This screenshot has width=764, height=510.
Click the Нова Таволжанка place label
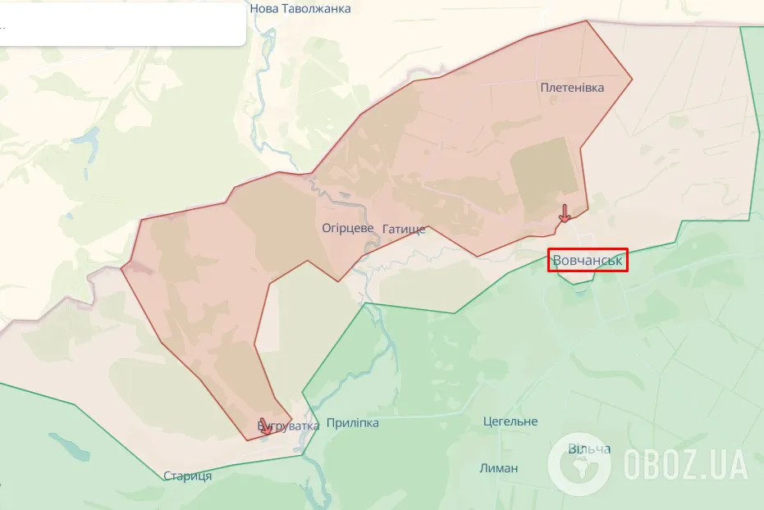[x=300, y=9]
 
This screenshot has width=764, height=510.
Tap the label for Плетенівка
[x=572, y=88]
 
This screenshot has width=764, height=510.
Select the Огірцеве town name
[x=348, y=228]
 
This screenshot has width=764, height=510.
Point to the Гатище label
[x=405, y=229]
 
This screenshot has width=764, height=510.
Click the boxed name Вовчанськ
[x=588, y=261]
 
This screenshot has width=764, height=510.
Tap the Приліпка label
[x=353, y=423]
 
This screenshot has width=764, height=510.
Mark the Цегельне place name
[x=510, y=421]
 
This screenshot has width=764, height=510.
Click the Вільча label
[x=590, y=449]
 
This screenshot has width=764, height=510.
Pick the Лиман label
[x=499, y=468]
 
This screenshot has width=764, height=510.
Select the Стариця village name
[x=187, y=476]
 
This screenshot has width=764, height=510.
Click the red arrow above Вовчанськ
[x=565, y=213]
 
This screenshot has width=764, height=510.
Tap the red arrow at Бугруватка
[x=264, y=426]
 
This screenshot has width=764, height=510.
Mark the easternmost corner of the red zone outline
[x=632, y=80]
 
